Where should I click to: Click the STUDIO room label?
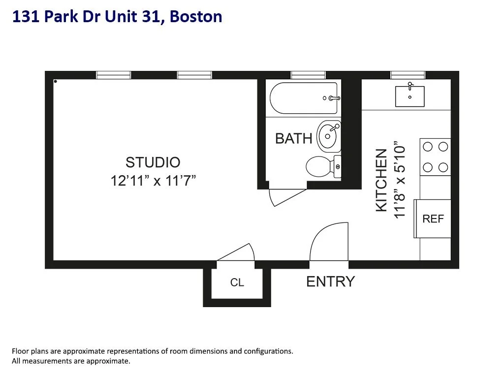[153, 162]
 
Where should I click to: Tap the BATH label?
[294, 139]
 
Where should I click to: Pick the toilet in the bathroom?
[323, 166]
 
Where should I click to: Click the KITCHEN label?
[382, 181]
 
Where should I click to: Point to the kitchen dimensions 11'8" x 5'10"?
[399, 181]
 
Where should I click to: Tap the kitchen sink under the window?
[410, 96]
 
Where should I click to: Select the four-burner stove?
[435, 157]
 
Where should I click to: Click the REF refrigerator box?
[433, 219]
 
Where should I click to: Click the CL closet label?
[237, 283]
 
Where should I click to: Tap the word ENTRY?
[330, 282]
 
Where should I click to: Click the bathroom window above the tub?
[308, 75]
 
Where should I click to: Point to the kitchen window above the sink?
[408, 75]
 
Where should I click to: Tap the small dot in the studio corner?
[56, 81]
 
